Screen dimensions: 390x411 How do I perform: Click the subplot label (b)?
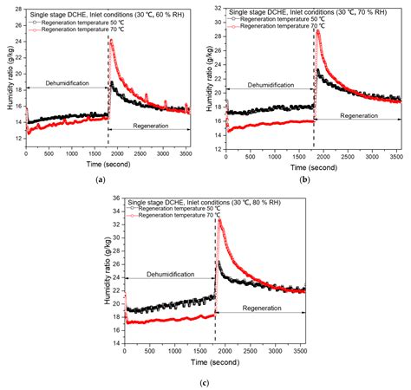[304, 179]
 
